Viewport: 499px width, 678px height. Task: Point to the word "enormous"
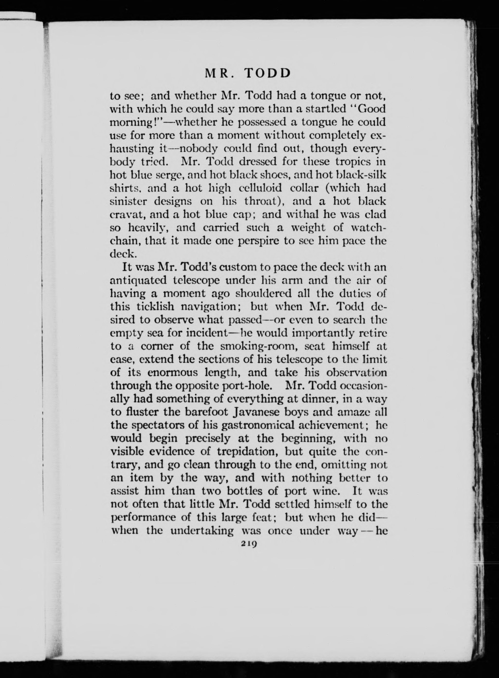[173, 372]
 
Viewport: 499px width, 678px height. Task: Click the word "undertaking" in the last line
[202, 530]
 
